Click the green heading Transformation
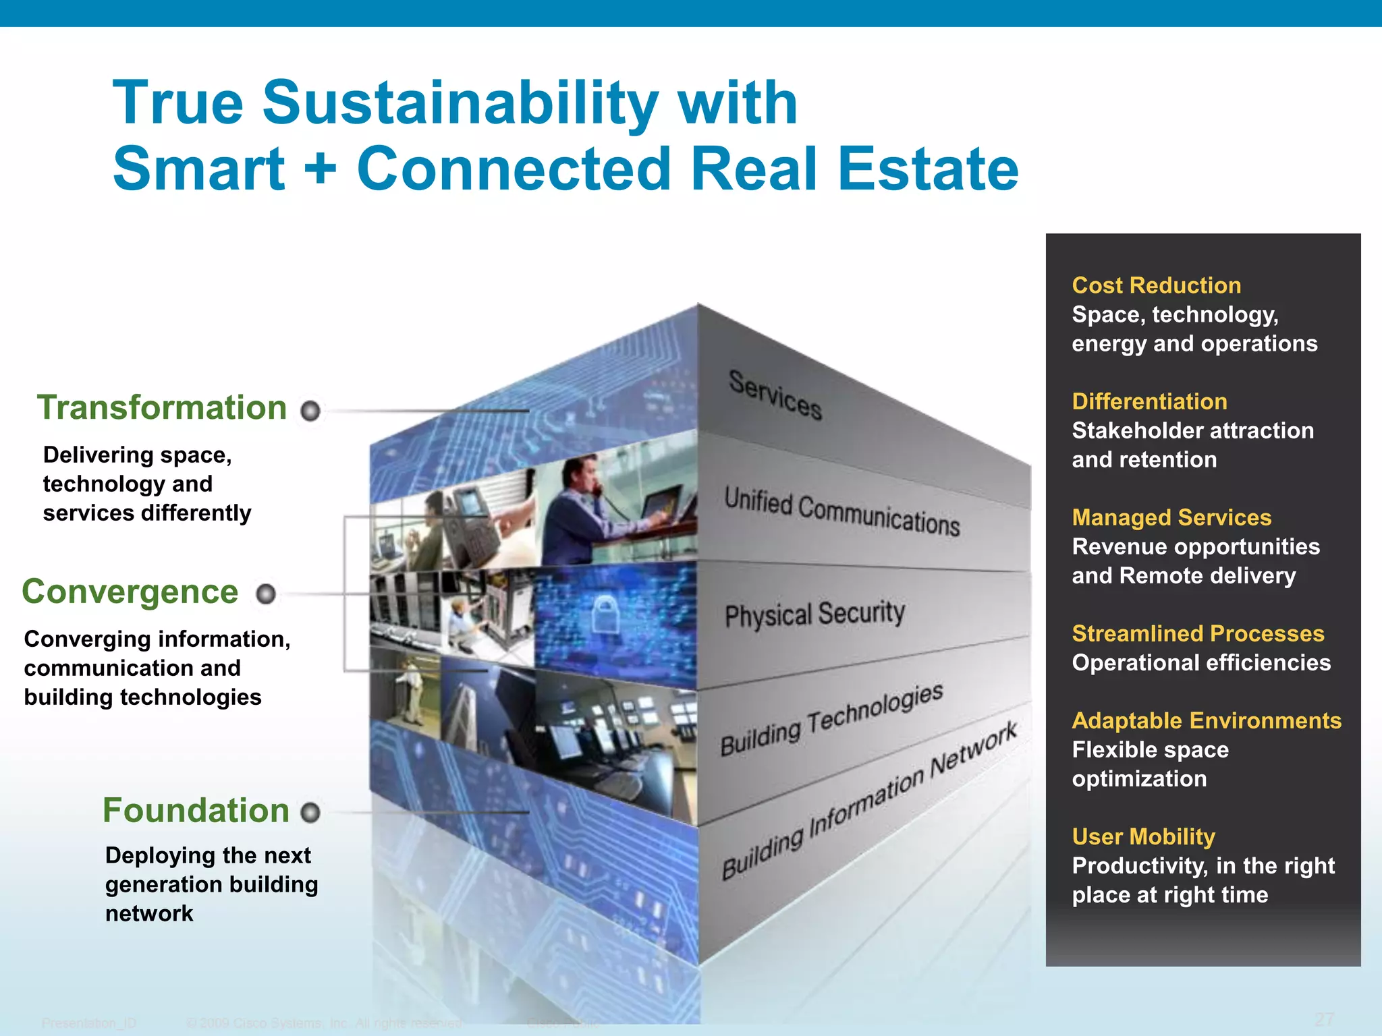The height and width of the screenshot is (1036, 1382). click(162, 408)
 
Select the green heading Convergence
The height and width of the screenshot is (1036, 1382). click(130, 592)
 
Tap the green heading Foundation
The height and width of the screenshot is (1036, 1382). click(196, 810)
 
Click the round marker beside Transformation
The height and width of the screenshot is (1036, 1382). click(310, 410)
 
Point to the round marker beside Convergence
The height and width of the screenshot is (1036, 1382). click(266, 594)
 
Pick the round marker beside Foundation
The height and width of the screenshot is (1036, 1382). click(310, 813)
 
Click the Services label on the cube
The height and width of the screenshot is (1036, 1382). click(775, 395)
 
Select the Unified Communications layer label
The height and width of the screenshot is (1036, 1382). click(841, 512)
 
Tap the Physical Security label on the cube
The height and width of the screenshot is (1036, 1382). click(814, 614)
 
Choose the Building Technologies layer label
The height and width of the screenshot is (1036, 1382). click(831, 719)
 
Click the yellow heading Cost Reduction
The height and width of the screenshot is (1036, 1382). click(1156, 285)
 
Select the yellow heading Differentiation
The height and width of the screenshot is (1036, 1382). click(1149, 401)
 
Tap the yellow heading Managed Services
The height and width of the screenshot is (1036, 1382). click(1171, 517)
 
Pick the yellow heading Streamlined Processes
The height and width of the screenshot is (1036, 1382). click(1198, 633)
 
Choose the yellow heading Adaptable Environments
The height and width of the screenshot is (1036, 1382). click(1207, 720)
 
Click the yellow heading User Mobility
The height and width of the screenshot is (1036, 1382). click(1143, 836)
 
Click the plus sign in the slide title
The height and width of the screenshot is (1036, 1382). click(321, 169)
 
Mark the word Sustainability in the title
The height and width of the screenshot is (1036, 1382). click(460, 103)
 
